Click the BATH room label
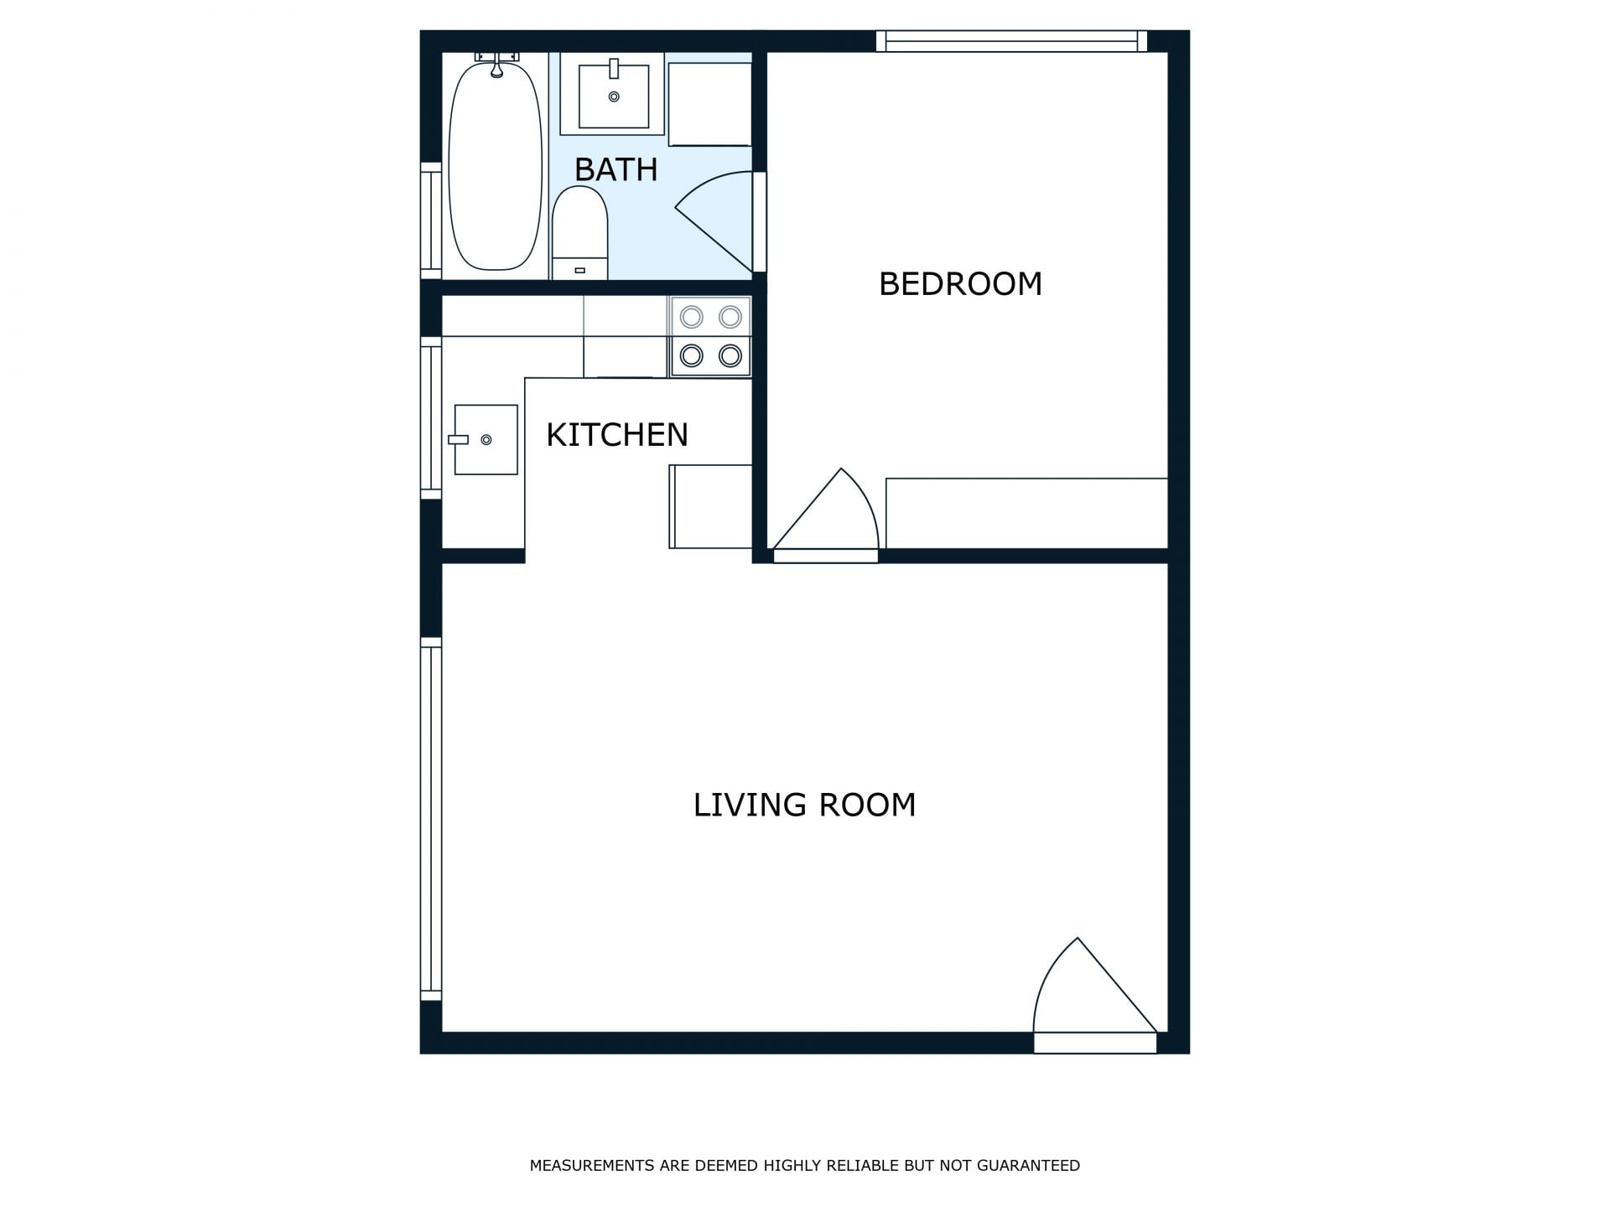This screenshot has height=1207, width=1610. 615,169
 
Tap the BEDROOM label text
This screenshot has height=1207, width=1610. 960,284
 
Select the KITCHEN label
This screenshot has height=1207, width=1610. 617,435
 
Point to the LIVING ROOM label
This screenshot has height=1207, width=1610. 804,805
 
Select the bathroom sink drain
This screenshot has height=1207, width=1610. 614,97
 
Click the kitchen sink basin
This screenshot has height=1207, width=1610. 486,439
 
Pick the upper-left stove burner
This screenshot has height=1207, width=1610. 692,317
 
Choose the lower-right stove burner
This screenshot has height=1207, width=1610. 730,355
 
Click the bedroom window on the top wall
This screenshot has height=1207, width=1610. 1011,41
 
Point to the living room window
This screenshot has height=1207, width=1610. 431,819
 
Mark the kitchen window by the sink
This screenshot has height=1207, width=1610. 431,418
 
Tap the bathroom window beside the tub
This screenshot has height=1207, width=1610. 431,220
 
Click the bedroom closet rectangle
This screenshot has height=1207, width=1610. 1026,513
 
